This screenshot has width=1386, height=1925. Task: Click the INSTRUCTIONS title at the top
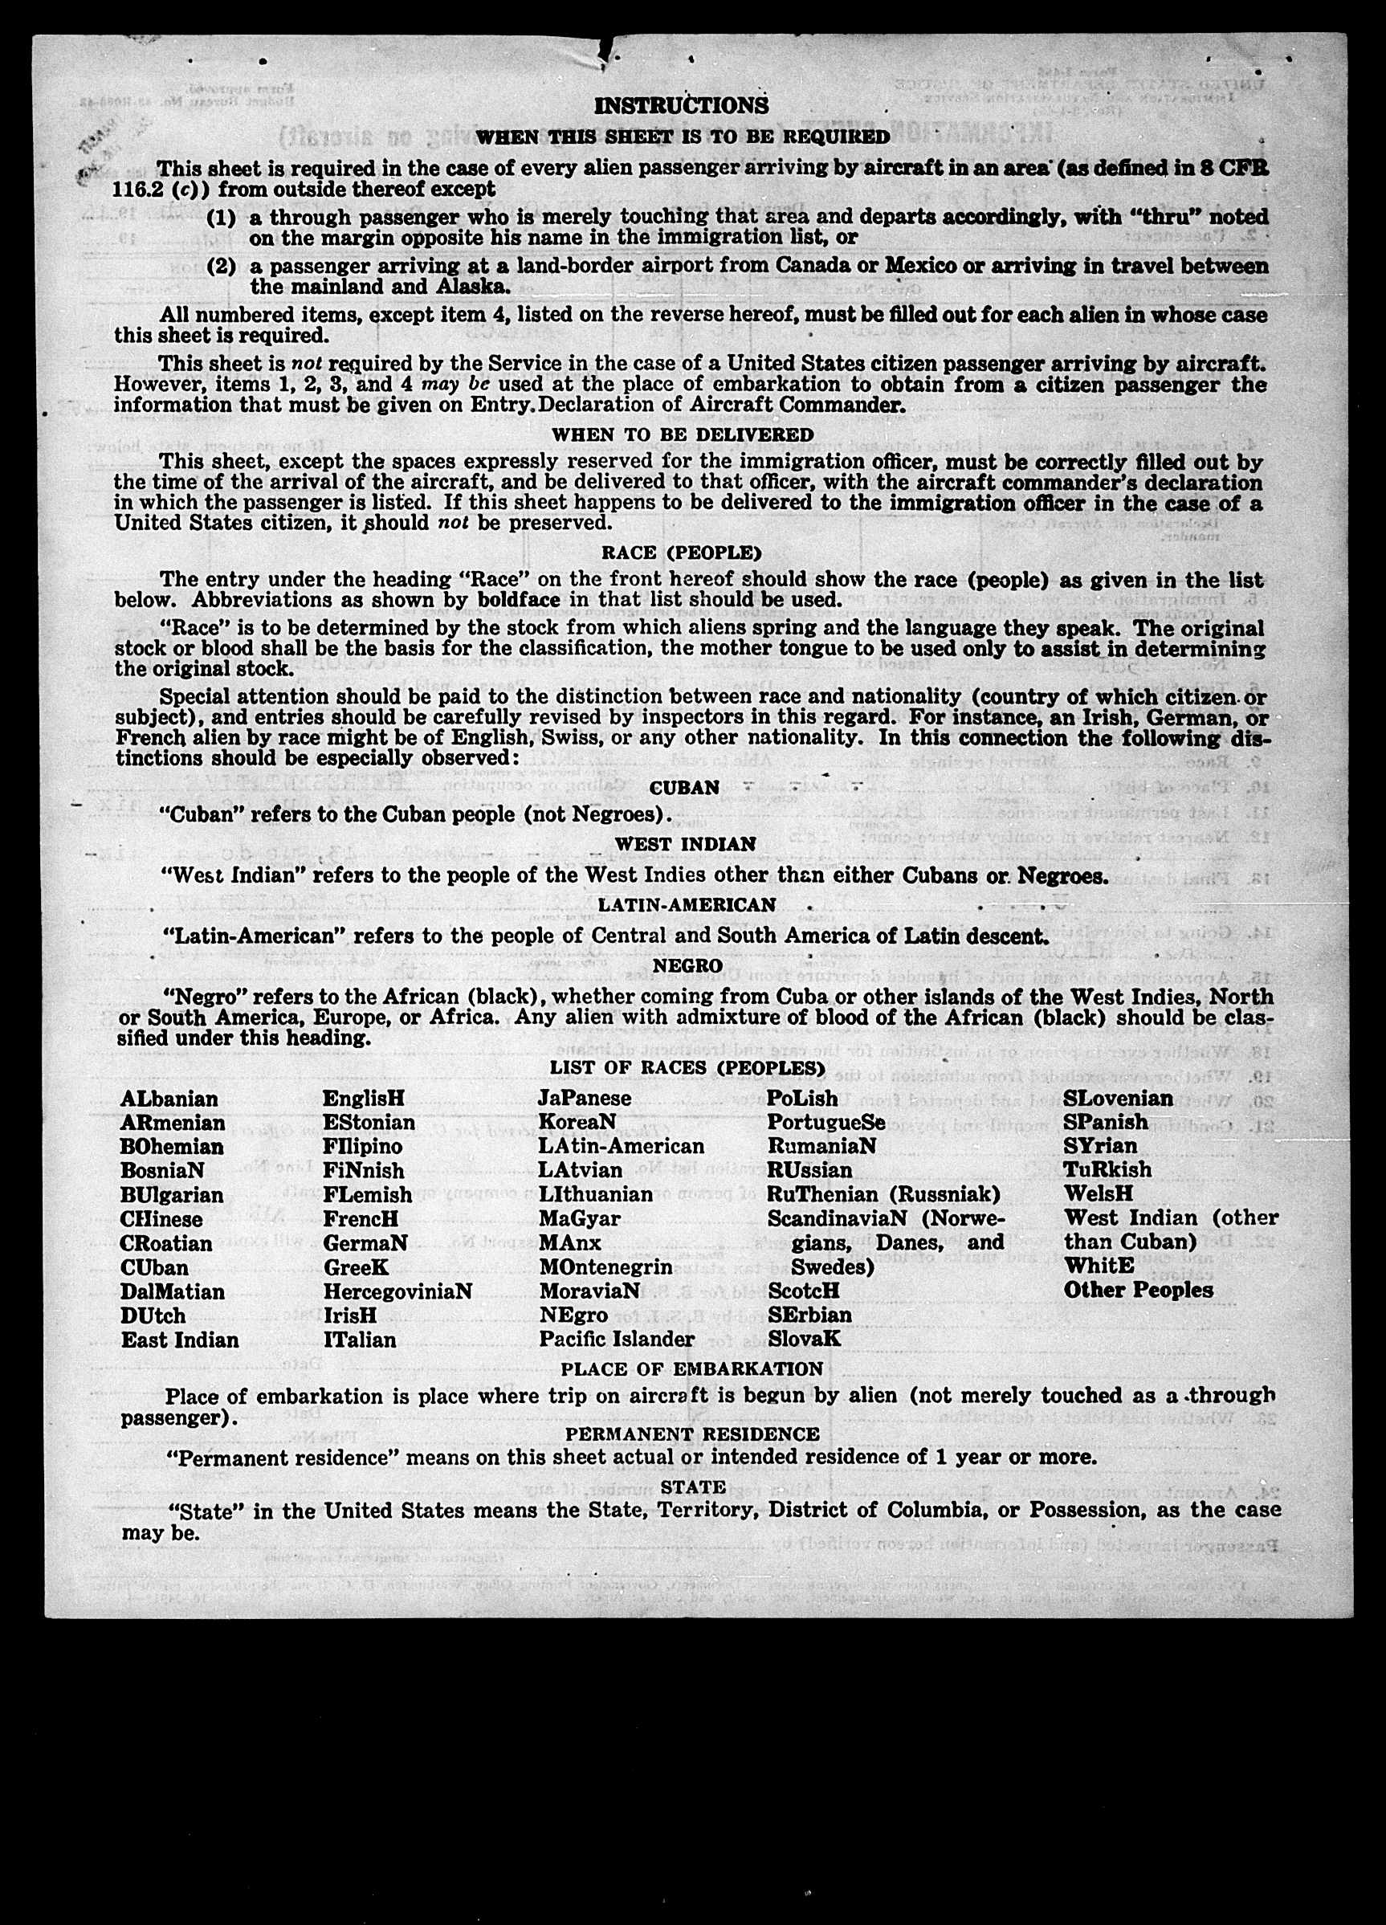(681, 105)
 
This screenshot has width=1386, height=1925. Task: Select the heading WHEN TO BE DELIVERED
(683, 434)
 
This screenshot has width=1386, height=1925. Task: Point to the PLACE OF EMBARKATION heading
(691, 1368)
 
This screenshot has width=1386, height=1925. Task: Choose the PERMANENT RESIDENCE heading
(692, 1434)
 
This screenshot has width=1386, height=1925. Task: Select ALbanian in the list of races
(169, 1099)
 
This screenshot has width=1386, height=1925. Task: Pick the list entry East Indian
(179, 1340)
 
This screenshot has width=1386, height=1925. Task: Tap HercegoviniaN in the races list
(397, 1291)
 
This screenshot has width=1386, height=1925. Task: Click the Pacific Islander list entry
(617, 1340)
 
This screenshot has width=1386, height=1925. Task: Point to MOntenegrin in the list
(605, 1267)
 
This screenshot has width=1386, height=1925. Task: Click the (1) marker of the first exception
(221, 218)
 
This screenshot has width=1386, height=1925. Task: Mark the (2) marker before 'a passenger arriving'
(221, 266)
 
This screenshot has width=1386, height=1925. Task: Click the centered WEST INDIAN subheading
(685, 844)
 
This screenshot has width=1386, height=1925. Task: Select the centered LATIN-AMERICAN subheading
(687, 905)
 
